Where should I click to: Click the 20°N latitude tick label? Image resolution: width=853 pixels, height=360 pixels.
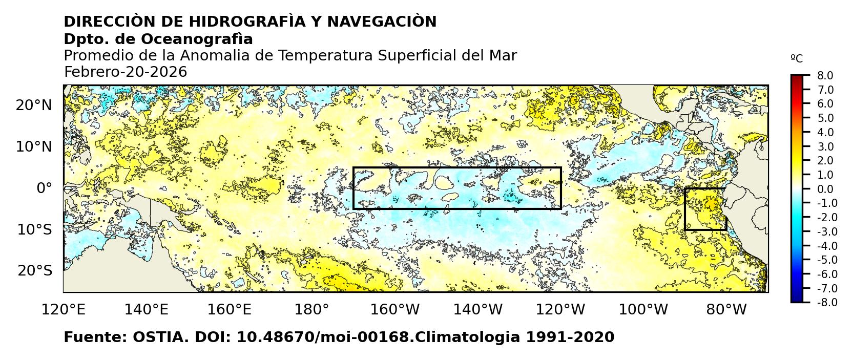(x=34, y=105)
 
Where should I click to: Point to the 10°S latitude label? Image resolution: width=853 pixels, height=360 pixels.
(x=34, y=229)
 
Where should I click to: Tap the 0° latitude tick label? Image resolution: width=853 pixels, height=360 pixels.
(x=44, y=188)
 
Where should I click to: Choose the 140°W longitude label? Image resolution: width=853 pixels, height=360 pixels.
(x=481, y=309)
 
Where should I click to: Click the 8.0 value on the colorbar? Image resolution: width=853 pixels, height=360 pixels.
(x=825, y=76)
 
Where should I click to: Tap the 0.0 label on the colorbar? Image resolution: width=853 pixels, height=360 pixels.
(x=825, y=189)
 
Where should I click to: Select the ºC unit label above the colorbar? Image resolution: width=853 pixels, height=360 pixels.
(x=797, y=59)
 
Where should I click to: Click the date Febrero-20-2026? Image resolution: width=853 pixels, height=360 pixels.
(x=126, y=72)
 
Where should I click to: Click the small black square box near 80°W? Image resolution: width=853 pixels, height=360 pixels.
(x=705, y=209)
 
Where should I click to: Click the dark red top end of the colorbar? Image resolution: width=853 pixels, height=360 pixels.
(x=797, y=78)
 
